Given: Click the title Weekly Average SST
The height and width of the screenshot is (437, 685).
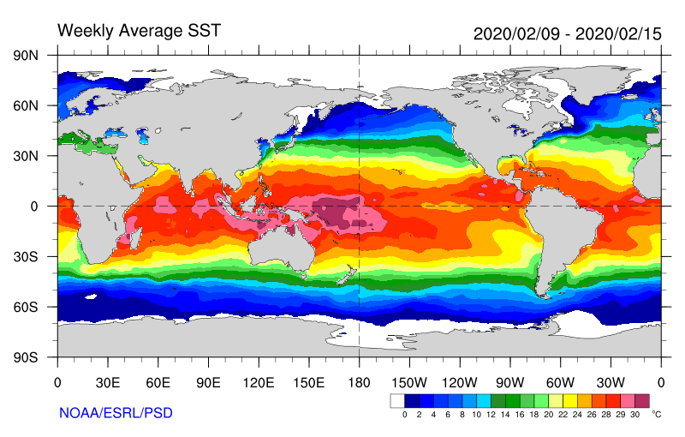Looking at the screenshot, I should [x=139, y=31].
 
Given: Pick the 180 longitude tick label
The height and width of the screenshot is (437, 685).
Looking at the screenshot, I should [x=359, y=381].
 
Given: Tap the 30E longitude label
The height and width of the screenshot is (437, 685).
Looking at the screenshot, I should [x=107, y=381].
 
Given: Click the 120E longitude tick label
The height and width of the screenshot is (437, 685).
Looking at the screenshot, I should [x=259, y=381].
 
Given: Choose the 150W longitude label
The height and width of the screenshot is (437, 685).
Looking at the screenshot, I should [x=409, y=381].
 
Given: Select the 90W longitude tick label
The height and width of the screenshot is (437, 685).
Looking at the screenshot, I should [x=510, y=381].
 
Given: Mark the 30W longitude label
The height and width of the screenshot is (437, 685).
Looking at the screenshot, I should [x=611, y=381].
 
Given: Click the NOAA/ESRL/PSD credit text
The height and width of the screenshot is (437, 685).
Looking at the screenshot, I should [x=116, y=413].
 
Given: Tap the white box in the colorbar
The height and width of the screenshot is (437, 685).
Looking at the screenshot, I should [x=397, y=400].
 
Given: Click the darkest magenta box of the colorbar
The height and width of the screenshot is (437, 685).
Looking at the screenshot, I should [x=642, y=400].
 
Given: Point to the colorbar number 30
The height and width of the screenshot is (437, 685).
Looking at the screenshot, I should [x=634, y=415].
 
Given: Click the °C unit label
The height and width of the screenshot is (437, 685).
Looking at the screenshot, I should [x=657, y=414].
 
